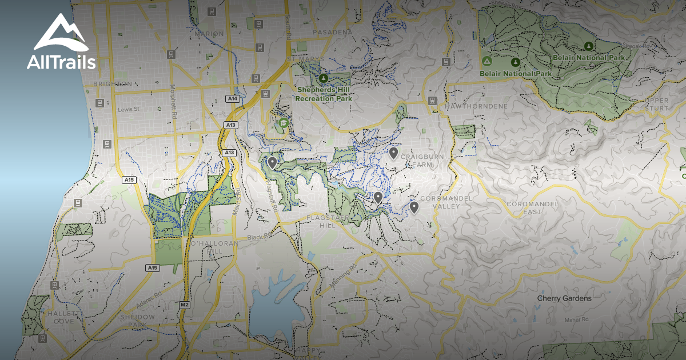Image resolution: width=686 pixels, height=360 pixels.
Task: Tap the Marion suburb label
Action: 209,34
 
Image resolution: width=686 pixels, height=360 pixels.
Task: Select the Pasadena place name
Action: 333,32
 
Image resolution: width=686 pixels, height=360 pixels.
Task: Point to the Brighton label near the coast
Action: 108,83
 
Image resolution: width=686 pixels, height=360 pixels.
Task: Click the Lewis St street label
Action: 129,109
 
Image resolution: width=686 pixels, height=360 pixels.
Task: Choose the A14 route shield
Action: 232,99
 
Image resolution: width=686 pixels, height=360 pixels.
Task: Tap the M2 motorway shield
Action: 184,304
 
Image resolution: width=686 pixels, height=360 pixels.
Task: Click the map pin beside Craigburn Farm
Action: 393,153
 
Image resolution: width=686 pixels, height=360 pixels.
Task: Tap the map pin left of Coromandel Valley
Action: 414,207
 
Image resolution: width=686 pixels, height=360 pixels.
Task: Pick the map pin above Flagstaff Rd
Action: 272,163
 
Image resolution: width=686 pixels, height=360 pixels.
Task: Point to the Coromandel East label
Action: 524,207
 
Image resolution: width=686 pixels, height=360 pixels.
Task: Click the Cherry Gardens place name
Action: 564,298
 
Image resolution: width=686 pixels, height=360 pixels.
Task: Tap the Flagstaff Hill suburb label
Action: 328,222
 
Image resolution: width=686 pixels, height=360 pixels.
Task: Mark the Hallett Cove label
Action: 59,318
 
